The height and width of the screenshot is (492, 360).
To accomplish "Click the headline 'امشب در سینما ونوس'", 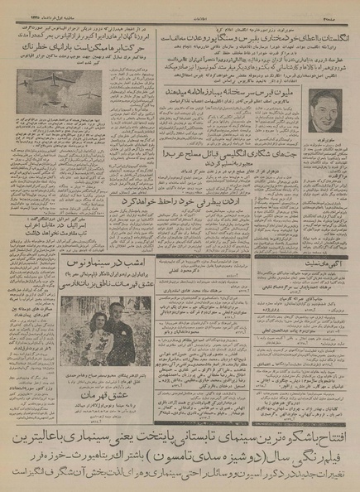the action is (105, 263).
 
